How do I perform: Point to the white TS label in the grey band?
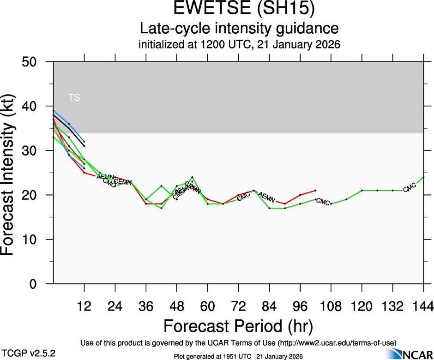pyautogui.click(x=74, y=97)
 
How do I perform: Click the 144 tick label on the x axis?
pyautogui.click(x=423, y=306)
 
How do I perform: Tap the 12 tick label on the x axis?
pyautogui.click(x=84, y=306)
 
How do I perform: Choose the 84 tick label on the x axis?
pyautogui.click(x=269, y=306)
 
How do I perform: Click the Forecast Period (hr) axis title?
pyautogui.click(x=238, y=326)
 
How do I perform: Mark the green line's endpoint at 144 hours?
pyautogui.click(x=423, y=177)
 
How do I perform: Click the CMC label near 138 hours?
pyautogui.click(x=410, y=188)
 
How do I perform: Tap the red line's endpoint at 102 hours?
pyautogui.click(x=315, y=190)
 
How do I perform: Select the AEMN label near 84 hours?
pyautogui.click(x=266, y=198)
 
